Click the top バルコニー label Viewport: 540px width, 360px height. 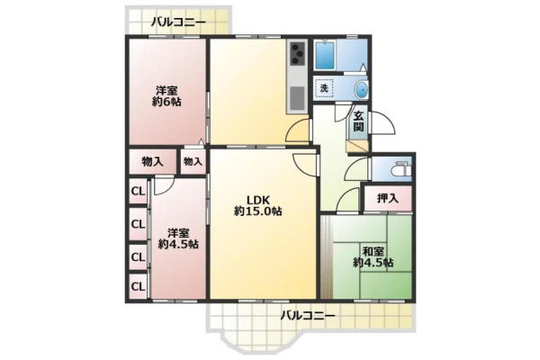178,22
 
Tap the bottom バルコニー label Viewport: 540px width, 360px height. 307,315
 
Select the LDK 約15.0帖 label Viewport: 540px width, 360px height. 258,206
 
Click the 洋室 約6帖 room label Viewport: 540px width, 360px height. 166,96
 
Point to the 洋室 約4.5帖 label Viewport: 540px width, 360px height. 178,238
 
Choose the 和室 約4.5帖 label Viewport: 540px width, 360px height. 373,257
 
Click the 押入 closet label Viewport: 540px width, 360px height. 388,198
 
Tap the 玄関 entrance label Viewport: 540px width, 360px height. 358,121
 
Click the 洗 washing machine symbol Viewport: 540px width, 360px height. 324,88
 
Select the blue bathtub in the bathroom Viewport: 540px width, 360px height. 326,56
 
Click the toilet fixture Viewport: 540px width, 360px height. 402,169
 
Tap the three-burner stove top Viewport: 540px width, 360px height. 298,53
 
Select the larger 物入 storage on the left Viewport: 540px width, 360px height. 153,162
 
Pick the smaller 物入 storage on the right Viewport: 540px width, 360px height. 193,161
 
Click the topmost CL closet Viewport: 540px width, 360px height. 138,191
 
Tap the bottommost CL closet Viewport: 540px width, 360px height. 138,286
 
